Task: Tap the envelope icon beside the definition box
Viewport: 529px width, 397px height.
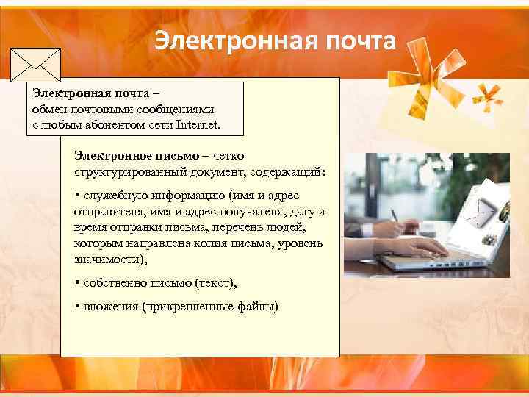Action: click(x=35, y=65)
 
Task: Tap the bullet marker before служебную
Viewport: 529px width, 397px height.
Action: click(x=77, y=196)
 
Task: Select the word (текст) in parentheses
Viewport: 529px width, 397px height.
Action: click(x=217, y=282)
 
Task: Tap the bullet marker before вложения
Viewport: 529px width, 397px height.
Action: click(x=77, y=306)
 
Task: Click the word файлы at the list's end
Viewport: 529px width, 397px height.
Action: click(x=258, y=306)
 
